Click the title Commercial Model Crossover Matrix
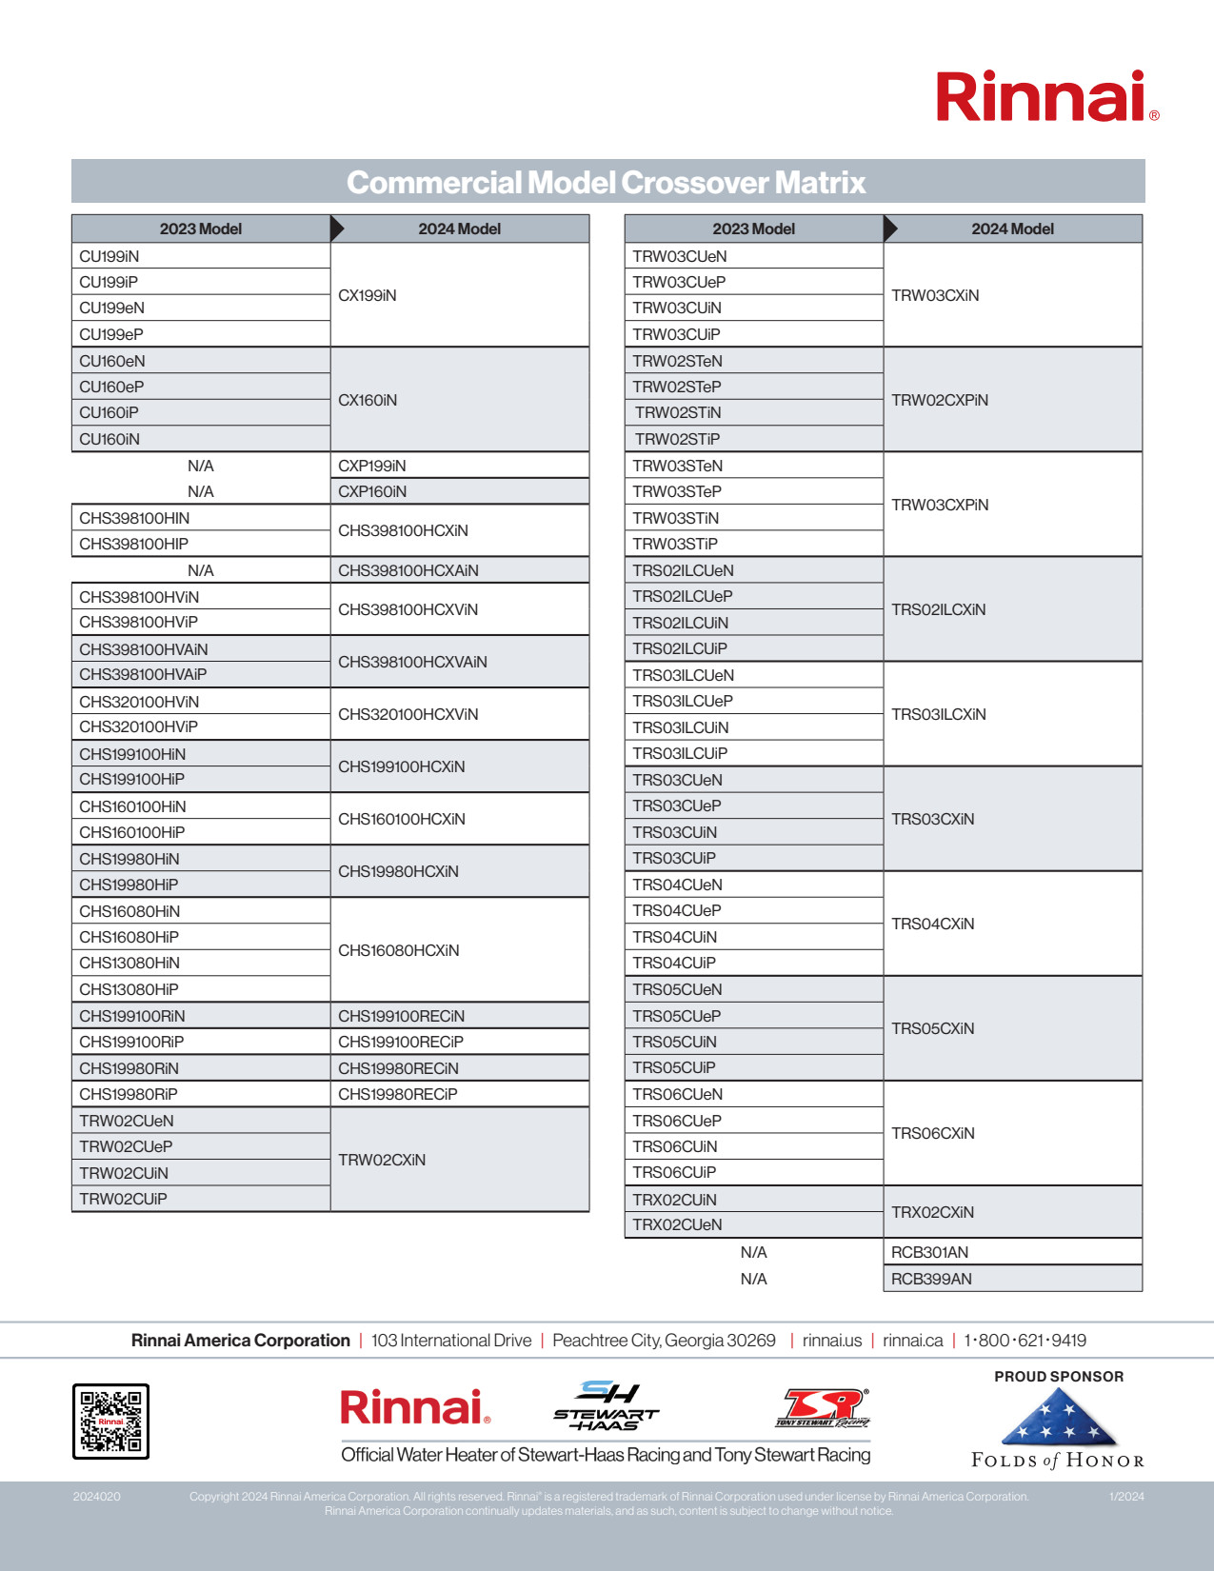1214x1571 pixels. (x=607, y=182)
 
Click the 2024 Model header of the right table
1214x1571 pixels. (x=1012, y=229)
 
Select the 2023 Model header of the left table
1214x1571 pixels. (x=201, y=229)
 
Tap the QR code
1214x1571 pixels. (x=111, y=1421)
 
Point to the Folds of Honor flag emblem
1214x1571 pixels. (x=1059, y=1418)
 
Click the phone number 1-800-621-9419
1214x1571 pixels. (x=1025, y=1341)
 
